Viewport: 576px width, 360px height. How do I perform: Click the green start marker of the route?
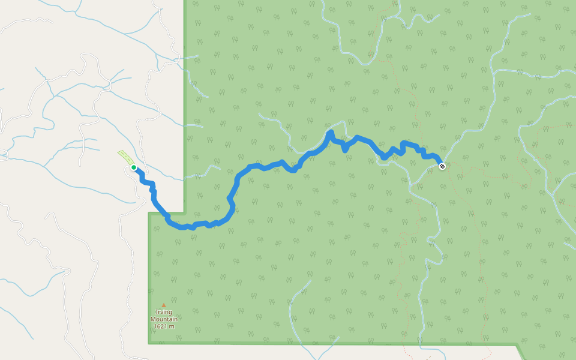[133, 167]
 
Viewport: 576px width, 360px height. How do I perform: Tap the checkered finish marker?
[442, 166]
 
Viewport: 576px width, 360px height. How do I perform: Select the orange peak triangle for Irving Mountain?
[163, 305]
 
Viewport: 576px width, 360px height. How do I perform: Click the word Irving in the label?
[164, 312]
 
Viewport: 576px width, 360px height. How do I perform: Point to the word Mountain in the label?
[164, 319]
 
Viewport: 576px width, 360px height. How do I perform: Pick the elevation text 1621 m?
[164, 326]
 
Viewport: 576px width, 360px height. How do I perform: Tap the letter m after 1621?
[172, 326]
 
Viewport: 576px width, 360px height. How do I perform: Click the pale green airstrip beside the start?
[125, 157]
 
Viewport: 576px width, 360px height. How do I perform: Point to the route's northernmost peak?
[330, 131]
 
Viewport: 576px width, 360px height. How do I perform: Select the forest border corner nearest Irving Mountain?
[149, 343]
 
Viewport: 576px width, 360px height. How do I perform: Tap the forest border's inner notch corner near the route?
[184, 213]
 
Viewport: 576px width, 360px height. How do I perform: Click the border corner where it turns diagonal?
[517, 344]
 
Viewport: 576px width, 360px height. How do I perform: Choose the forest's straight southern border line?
[330, 343]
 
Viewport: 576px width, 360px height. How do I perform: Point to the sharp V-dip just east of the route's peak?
[346, 149]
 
